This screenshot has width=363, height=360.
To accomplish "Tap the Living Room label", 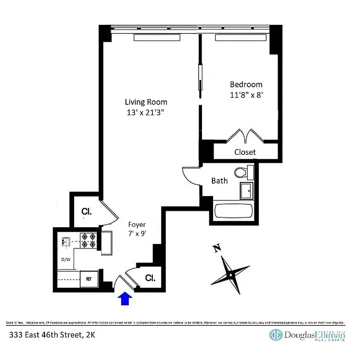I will point(146,102).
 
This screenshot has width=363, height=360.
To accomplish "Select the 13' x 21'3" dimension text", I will point(146,113).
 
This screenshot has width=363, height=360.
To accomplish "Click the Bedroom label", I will point(246,85).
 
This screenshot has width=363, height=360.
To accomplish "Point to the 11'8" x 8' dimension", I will point(246,95).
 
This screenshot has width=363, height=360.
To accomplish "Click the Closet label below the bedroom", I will point(245,152).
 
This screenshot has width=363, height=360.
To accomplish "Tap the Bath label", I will point(220,181).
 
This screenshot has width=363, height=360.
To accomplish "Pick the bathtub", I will point(234,212).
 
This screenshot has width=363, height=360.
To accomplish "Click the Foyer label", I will point(137,224).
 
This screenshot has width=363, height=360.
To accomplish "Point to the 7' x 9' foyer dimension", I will point(137,234).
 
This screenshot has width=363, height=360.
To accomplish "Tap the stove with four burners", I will point(89,240).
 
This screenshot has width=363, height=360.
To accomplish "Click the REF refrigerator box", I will point(89,279).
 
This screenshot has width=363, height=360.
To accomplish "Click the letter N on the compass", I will point(217,248).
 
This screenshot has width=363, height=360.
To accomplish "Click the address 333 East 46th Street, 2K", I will point(52,334).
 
